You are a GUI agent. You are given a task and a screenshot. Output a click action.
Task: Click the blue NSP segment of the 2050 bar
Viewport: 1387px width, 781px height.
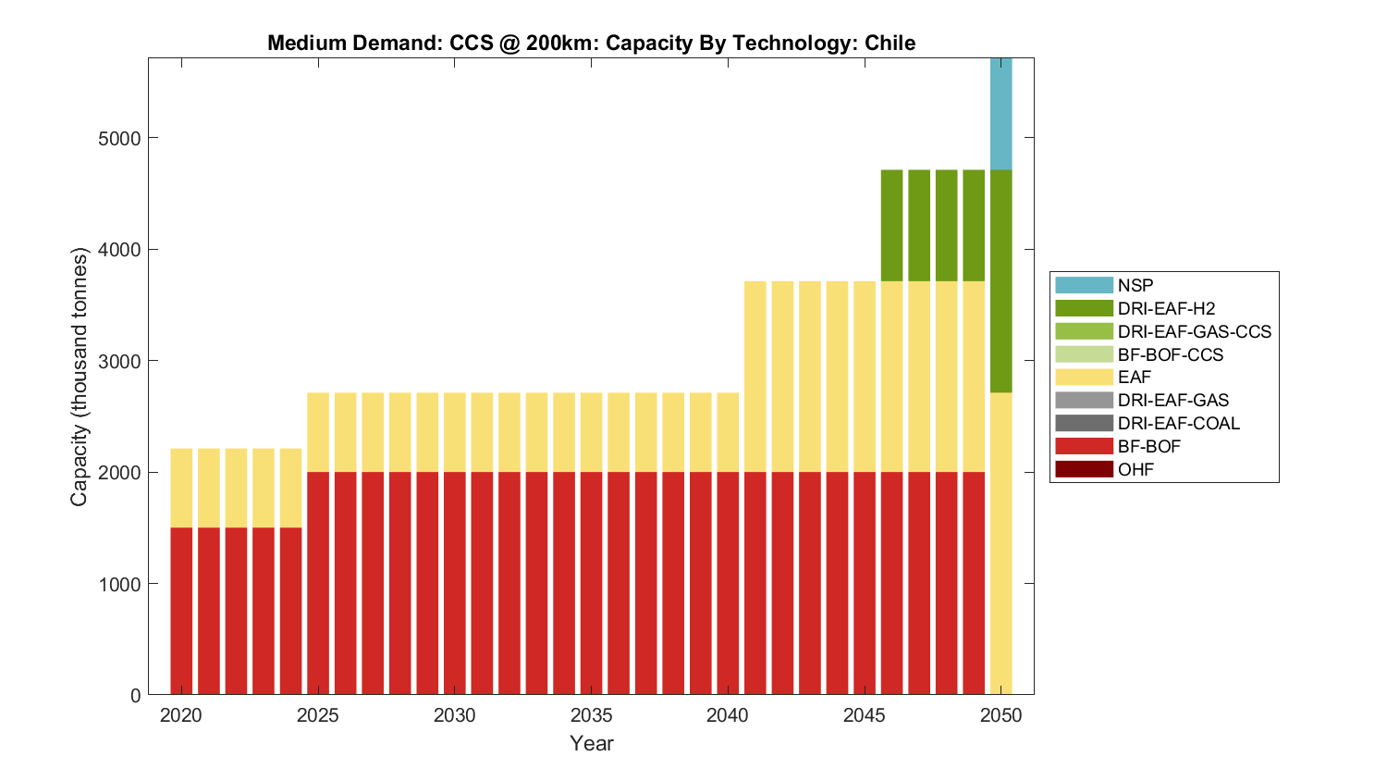pos(1000,113)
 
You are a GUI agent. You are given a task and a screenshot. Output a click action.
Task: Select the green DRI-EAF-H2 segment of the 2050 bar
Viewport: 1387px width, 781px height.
pos(1000,280)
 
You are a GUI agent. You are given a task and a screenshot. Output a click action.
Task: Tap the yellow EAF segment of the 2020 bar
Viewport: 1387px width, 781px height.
pos(181,488)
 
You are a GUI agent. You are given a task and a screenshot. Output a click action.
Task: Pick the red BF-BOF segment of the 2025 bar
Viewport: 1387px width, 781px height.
pos(318,583)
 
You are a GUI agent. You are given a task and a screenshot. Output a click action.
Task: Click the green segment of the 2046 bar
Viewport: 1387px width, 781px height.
pos(891,225)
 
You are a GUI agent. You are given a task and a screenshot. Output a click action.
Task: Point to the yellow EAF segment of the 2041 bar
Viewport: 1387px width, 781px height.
pos(755,376)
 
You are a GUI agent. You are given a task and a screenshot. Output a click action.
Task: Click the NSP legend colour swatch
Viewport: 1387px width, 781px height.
pos(1084,285)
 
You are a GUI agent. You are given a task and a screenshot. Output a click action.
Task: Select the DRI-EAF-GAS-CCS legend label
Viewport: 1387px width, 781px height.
pos(1194,331)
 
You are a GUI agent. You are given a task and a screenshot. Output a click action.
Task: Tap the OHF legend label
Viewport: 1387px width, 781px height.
pos(1135,469)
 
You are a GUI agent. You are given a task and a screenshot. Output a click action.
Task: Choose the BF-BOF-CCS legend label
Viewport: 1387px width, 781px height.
pos(1170,354)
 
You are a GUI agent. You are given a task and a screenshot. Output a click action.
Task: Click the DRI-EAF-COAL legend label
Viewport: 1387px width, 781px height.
pos(1178,423)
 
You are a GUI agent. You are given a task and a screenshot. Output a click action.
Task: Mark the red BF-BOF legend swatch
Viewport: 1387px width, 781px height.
pos(1084,446)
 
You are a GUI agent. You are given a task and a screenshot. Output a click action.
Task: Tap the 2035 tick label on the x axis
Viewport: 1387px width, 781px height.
pos(591,715)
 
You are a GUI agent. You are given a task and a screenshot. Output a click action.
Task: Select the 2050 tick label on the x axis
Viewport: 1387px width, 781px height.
pos(1000,715)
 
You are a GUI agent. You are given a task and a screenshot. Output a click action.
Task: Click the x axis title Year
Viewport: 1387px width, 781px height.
pos(591,743)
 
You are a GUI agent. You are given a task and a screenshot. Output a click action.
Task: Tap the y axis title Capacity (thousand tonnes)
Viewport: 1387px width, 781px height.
pos(79,377)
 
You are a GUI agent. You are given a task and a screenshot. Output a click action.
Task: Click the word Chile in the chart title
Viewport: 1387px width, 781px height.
pos(890,43)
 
